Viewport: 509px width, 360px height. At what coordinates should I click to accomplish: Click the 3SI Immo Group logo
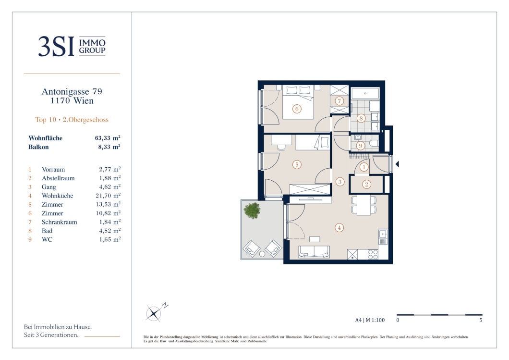pyautogui.click(x=72, y=46)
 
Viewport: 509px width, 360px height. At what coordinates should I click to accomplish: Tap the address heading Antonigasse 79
pyautogui.click(x=72, y=92)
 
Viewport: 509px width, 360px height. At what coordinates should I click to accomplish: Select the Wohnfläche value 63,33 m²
pyautogui.click(x=108, y=138)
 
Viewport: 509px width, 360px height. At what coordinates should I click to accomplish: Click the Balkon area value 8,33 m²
pyautogui.click(x=109, y=147)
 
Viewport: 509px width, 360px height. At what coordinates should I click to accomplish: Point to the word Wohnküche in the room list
pyautogui.click(x=58, y=196)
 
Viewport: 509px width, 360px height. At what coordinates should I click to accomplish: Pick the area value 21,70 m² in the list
pyautogui.click(x=108, y=196)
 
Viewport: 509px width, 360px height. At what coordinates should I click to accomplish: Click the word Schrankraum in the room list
pyautogui.click(x=60, y=222)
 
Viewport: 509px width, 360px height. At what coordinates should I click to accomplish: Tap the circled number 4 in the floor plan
pyautogui.click(x=339, y=228)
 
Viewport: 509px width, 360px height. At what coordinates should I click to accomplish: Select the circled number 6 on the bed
pyautogui.click(x=297, y=109)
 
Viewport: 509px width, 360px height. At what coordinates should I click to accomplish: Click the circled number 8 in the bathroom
pyautogui.click(x=361, y=118)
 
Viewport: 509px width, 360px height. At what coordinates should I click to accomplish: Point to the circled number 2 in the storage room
pyautogui.click(x=366, y=184)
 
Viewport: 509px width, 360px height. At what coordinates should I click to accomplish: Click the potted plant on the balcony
pyautogui.click(x=252, y=211)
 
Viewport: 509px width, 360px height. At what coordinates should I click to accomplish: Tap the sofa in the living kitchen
pyautogui.click(x=314, y=252)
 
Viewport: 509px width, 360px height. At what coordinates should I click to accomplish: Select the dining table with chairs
pyautogui.click(x=364, y=205)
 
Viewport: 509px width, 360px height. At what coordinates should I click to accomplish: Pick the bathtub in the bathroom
pyautogui.click(x=365, y=93)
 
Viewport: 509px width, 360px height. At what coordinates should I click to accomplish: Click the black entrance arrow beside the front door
pyautogui.click(x=397, y=164)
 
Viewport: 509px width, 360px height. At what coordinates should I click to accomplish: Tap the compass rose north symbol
pyautogui.click(x=154, y=313)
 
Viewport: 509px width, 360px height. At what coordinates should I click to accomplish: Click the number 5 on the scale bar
pyautogui.click(x=481, y=320)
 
